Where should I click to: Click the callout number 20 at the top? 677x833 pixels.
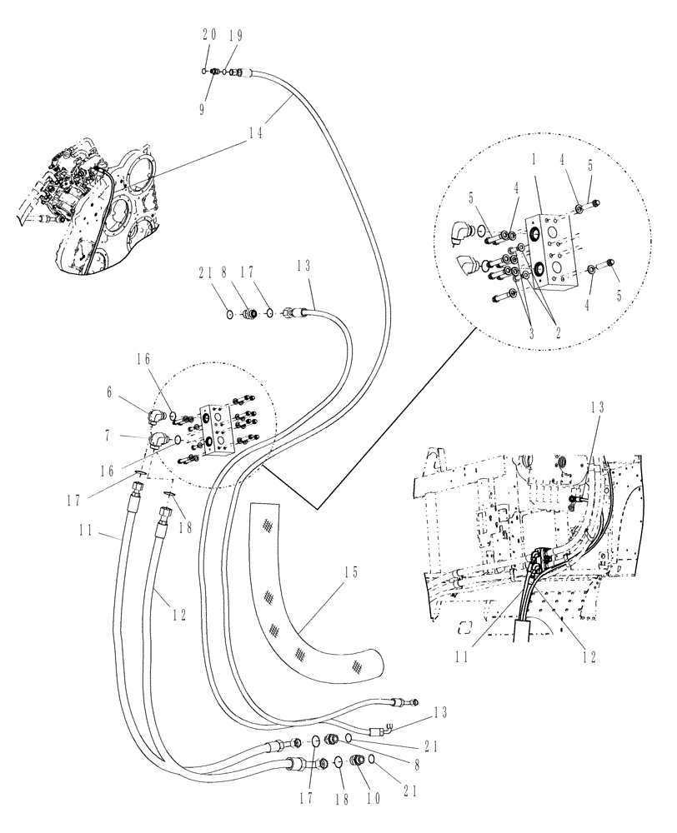pyautogui.click(x=209, y=36)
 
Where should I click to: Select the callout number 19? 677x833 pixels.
pyautogui.click(x=236, y=36)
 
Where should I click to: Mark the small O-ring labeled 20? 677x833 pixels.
pyautogui.click(x=204, y=72)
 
